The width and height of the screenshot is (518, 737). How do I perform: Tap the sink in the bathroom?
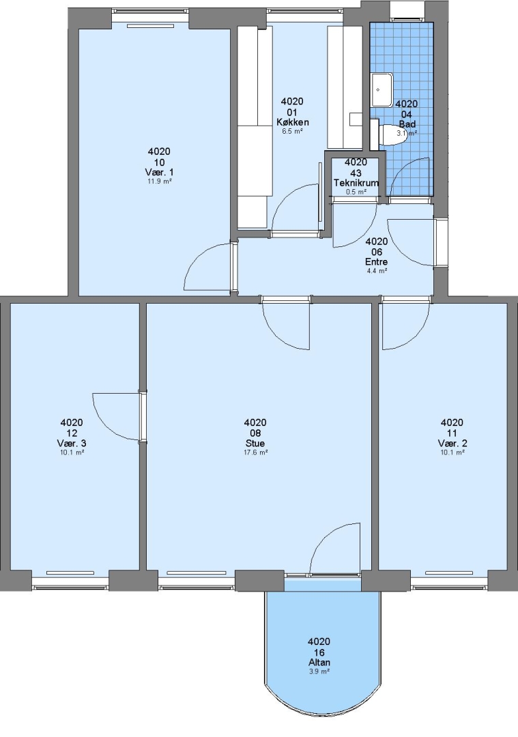382,90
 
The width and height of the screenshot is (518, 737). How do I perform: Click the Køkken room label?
292,123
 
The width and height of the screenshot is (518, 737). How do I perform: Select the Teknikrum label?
356,183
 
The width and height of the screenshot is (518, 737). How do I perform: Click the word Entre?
377,262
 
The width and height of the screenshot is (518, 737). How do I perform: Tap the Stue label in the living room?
255,444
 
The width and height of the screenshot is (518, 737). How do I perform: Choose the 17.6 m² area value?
255,452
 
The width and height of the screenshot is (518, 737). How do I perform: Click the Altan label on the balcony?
319,662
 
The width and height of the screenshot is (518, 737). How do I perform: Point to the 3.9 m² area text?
319,671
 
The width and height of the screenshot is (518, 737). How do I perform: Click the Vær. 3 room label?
72,444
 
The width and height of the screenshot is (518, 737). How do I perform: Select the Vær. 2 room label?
452,444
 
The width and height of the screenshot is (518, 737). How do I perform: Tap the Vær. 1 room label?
159,172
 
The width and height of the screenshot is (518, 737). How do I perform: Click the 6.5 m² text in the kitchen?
292,132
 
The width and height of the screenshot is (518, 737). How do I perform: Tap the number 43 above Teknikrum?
356,173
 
